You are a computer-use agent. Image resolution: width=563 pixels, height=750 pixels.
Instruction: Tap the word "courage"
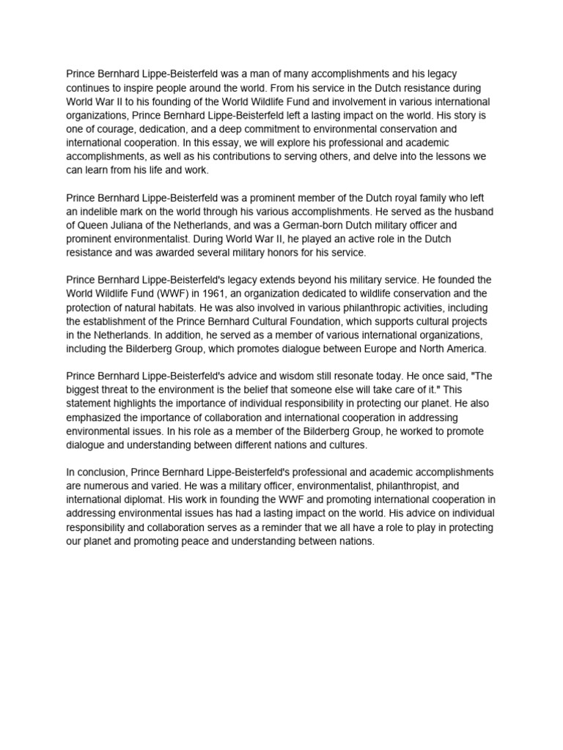point(116,129)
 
